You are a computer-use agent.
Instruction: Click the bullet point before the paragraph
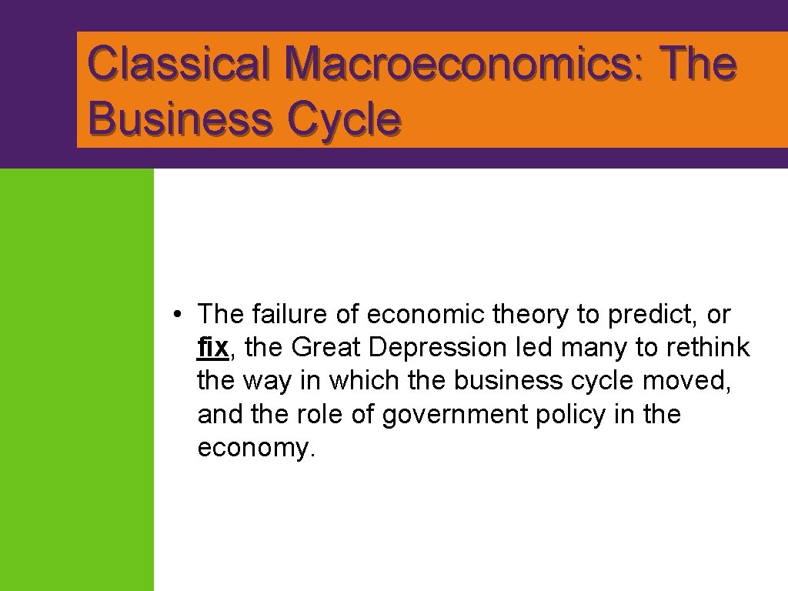[x=177, y=315]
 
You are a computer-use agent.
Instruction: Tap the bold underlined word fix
[x=212, y=348]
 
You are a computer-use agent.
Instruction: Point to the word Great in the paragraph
[x=326, y=348]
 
